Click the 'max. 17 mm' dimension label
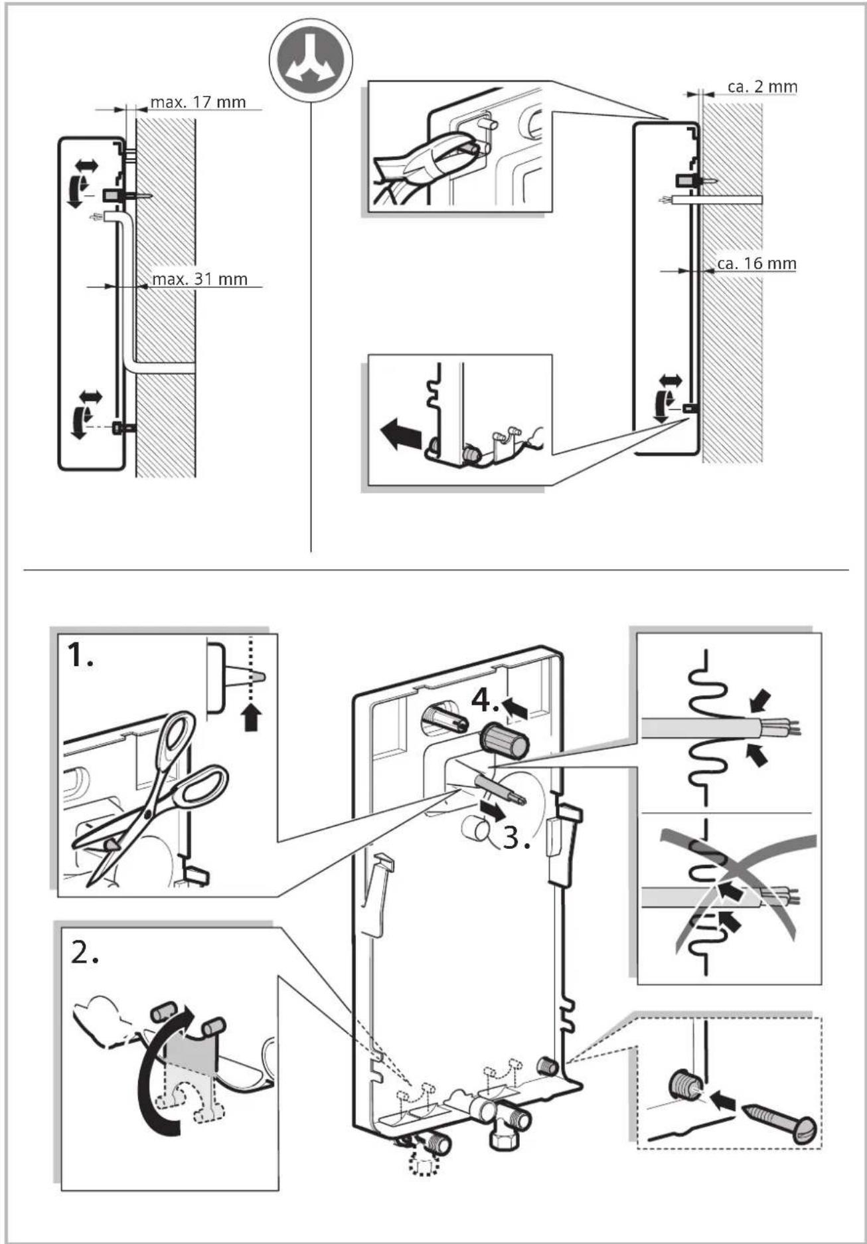coord(198,102)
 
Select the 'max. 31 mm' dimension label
coord(200,279)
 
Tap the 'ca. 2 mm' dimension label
coord(762,86)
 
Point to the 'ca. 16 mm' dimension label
coord(757,264)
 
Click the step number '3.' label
coord(516,838)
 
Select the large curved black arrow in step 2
coord(153,1067)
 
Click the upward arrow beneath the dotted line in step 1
coord(251,717)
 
